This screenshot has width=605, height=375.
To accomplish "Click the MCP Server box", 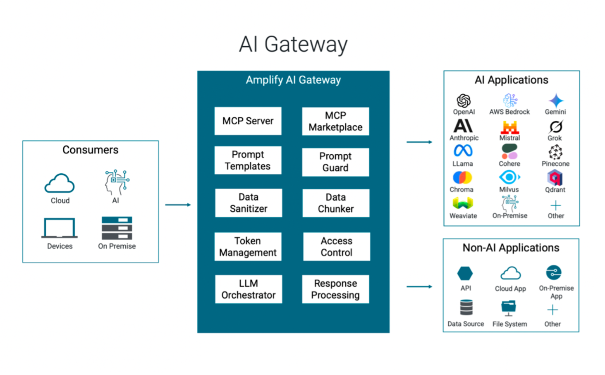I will click(x=248, y=121).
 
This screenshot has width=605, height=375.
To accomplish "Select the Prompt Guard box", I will click(x=335, y=162).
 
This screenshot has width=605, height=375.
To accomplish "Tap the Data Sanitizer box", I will click(x=249, y=203).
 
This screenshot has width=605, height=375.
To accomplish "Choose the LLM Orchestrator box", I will click(x=249, y=289).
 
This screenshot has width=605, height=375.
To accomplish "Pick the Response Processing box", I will click(x=335, y=289).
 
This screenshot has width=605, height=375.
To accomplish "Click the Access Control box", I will click(x=337, y=246).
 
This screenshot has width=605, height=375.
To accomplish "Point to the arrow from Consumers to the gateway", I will click(x=178, y=205).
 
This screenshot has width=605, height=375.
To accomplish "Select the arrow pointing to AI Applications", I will click(x=419, y=142).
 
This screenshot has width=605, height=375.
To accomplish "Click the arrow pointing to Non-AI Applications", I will click(x=419, y=286).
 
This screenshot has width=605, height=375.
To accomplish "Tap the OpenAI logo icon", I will click(x=464, y=100).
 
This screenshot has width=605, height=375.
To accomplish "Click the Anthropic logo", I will click(x=463, y=126).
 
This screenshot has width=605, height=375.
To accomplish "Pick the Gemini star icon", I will click(x=556, y=100).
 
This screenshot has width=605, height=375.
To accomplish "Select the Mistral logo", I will click(x=509, y=127).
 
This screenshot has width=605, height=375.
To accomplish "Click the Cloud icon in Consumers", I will click(x=60, y=184).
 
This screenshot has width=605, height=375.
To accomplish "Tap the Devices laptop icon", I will click(x=60, y=228).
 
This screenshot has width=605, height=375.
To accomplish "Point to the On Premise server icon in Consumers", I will click(x=117, y=228).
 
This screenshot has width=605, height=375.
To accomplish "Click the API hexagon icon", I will click(x=465, y=273).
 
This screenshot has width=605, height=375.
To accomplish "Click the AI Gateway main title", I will click(x=293, y=44).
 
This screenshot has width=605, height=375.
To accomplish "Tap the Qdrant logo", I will click(x=555, y=178).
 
